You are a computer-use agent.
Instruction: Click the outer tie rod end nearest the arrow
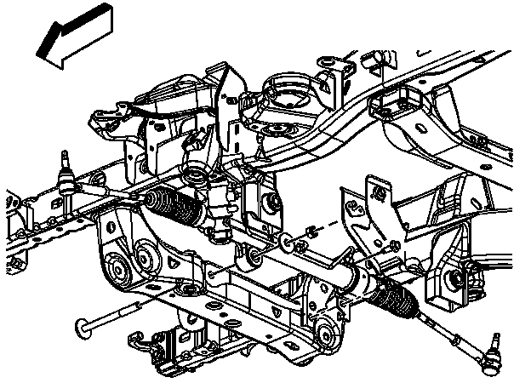click(x=66, y=179)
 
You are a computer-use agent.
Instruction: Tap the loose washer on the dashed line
click(x=298, y=244)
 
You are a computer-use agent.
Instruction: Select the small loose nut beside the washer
click(x=311, y=230)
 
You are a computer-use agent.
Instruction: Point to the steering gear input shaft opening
click(x=198, y=178)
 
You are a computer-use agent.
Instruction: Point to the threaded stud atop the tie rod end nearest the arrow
click(x=64, y=158)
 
